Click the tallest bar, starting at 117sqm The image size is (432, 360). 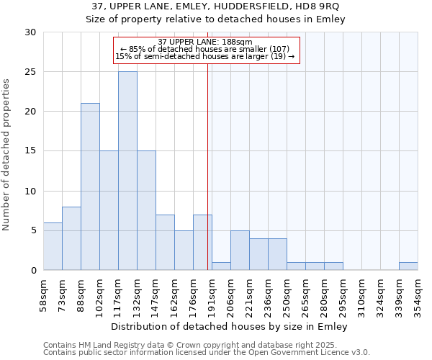click(x=127, y=171)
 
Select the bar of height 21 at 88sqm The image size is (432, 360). click(x=90, y=186)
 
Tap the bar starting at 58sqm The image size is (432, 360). click(x=53, y=246)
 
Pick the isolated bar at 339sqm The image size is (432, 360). click(x=408, y=266)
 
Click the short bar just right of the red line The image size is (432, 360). click(x=221, y=266)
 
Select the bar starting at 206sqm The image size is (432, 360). click(x=240, y=251)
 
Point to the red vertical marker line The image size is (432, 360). click(x=207, y=166)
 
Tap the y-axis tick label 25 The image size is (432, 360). click(x=31, y=72)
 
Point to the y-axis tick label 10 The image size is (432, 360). click(x=31, y=192)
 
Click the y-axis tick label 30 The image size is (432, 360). click(x=31, y=32)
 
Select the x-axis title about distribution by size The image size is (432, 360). click(x=230, y=327)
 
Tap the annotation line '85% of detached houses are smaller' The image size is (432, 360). click(x=205, y=50)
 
